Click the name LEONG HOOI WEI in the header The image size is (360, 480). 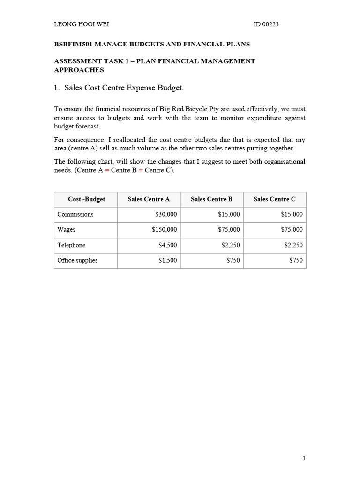click(x=82, y=24)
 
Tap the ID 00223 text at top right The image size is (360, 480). click(x=266, y=24)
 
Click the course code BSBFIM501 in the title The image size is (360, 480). click(x=74, y=44)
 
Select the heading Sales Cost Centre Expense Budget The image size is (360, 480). click(x=124, y=88)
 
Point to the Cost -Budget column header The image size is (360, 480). click(x=86, y=199)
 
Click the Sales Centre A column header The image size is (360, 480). click(x=149, y=199)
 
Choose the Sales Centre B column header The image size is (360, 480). click(x=211, y=199)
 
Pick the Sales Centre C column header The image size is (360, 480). click(x=274, y=199)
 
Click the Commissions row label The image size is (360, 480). click(x=75, y=214)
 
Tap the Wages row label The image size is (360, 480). click(x=66, y=230)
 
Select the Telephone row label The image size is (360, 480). click(x=71, y=245)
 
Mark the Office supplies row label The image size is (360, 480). click(x=77, y=260)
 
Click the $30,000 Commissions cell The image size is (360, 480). click(x=166, y=214)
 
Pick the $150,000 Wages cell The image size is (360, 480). click(x=165, y=230)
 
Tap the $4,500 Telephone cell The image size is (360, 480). click(x=168, y=245)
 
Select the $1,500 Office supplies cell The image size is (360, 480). click(x=168, y=260)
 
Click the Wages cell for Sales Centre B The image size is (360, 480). click(x=229, y=230)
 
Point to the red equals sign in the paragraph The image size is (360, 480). click(x=106, y=170)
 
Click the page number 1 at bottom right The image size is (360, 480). click(x=304, y=458)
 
